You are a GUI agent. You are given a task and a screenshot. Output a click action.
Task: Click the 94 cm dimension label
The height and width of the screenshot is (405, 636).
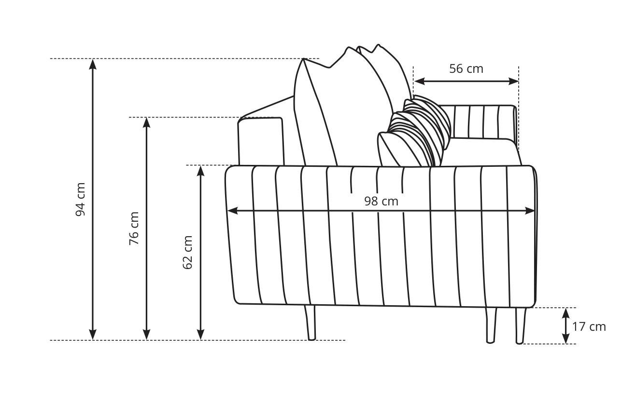click(80, 200)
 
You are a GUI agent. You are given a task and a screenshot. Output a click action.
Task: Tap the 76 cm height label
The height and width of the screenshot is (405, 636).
click(134, 229)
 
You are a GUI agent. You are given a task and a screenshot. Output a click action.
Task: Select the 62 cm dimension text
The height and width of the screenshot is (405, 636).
click(188, 253)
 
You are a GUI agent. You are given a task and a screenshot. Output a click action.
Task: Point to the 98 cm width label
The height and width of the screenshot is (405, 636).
click(382, 202)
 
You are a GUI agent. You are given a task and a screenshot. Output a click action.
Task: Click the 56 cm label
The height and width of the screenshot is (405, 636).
click(466, 69)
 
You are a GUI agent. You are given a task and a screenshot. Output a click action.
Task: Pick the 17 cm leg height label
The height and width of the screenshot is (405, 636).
click(589, 327)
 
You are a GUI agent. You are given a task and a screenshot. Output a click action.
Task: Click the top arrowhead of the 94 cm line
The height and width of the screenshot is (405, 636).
click(93, 64)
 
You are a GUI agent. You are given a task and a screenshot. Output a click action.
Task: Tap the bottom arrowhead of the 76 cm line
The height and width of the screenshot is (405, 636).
click(146, 335)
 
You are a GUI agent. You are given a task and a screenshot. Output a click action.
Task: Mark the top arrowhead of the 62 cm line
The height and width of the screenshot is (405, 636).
click(200, 171)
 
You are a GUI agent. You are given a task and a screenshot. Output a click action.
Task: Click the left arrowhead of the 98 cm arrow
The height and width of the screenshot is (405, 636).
click(233, 211)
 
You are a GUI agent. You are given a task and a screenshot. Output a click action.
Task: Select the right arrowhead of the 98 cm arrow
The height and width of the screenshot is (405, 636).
click(530, 211)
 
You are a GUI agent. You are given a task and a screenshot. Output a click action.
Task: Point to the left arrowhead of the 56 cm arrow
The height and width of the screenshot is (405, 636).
click(419, 81)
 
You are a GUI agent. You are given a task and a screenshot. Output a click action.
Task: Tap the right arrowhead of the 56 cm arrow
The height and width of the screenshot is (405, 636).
click(513, 81)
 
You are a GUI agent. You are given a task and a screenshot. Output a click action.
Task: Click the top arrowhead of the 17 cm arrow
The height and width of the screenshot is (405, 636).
click(566, 313)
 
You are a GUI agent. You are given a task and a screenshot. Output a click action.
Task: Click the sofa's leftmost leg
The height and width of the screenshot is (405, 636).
click(311, 323)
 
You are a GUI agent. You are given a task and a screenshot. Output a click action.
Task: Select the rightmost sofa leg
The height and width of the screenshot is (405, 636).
click(520, 325)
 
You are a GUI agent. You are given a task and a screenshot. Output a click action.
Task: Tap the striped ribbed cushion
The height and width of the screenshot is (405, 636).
click(414, 132)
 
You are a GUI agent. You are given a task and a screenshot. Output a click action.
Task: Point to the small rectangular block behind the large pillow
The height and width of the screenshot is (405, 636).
click(261, 141)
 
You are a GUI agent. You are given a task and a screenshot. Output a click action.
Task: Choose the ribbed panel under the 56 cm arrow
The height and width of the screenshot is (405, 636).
click(480, 122)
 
